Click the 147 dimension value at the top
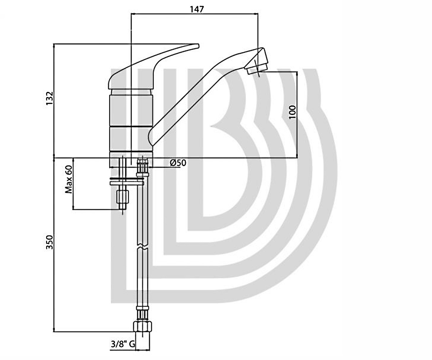tap(197, 9)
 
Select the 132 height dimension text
tap(50, 98)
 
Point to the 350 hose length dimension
tap(50, 242)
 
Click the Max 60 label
tap(69, 179)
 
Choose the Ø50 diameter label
tap(178, 163)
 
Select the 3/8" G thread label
tap(123, 344)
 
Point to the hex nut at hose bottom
tap(143, 327)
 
